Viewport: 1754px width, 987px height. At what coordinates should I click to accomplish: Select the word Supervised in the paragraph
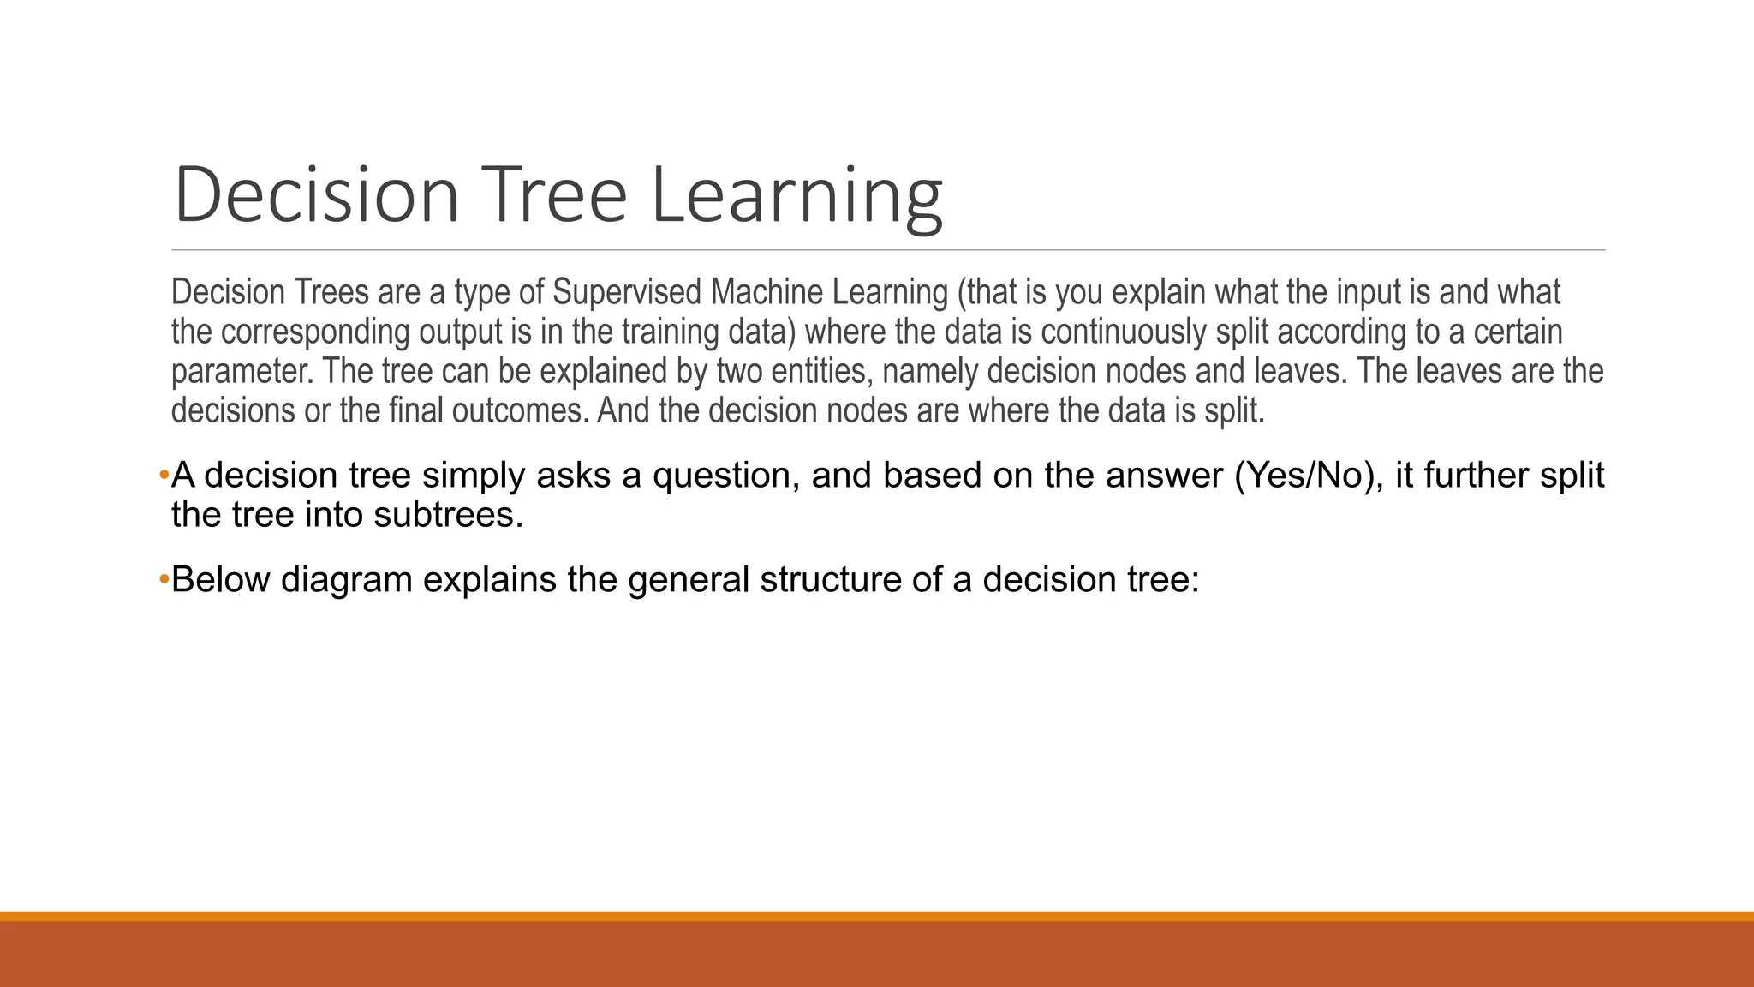pyautogui.click(x=627, y=293)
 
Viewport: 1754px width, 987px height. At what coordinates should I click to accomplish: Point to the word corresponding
pyautogui.click(x=316, y=332)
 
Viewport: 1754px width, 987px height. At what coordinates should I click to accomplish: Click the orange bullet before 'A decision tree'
pyautogui.click(x=164, y=475)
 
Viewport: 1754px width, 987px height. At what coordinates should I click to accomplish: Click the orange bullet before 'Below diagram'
pyautogui.click(x=164, y=580)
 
